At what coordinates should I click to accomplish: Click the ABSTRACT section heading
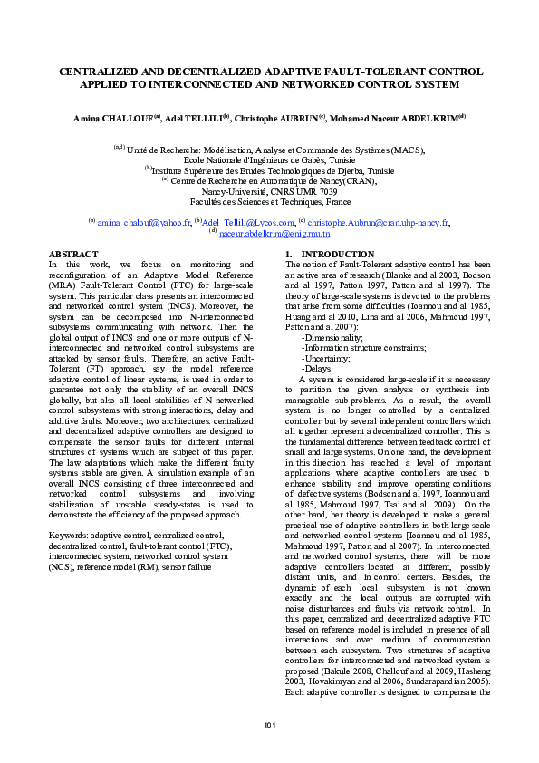72,255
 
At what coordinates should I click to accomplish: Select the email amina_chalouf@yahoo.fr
143,222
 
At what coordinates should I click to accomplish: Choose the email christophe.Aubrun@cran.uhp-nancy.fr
378,222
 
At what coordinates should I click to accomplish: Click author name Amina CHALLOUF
115,118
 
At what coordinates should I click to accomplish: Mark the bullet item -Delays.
317,368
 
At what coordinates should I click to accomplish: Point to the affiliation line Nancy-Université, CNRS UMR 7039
269,192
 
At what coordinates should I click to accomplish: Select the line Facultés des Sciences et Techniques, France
269,202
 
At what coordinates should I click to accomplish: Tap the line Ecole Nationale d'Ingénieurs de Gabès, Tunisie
269,159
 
